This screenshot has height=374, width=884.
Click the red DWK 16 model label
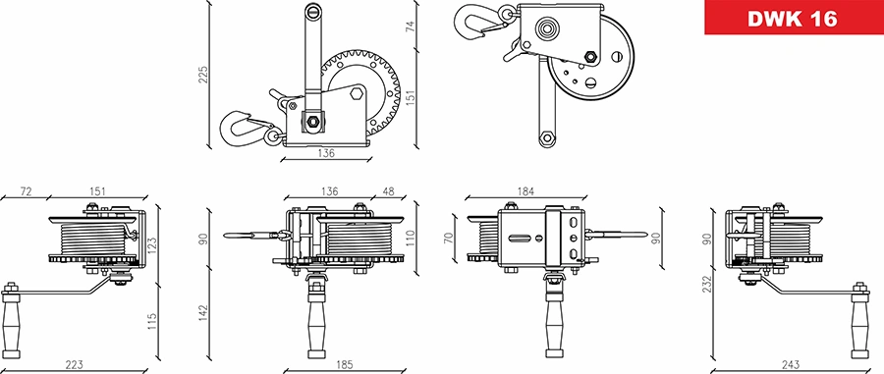pos(792,20)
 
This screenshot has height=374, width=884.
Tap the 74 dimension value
pos(411,27)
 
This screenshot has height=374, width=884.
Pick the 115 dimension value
pos(151,320)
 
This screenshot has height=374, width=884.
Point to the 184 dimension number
pos(526,190)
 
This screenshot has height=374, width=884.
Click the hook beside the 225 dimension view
pos(241,127)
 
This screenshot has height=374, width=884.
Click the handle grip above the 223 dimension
pos(13,324)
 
